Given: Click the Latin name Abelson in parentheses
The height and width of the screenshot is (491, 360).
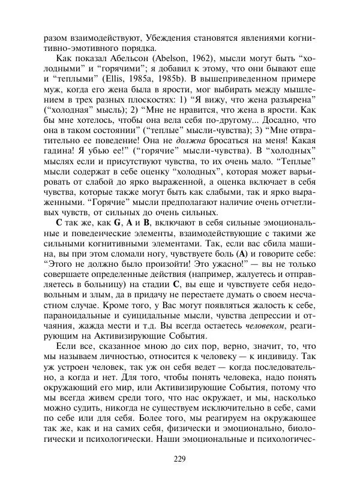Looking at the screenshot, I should pos(159,59).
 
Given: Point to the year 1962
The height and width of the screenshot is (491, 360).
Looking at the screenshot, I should pos(194,59).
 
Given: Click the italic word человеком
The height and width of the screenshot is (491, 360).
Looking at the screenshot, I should pos(265,325).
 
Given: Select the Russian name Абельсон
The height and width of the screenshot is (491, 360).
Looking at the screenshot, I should pos(118,59).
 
